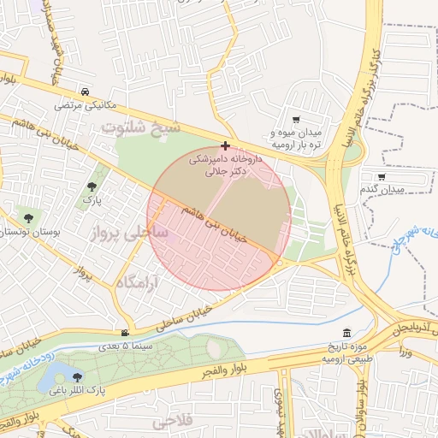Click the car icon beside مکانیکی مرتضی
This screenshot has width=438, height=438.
coord(85,92)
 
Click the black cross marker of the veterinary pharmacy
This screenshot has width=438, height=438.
coord(225,146)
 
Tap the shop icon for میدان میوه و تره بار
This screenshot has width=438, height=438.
coord(296,121)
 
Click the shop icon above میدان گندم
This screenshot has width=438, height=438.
coord(382,175)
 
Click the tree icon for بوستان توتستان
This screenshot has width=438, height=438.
coord(30,218)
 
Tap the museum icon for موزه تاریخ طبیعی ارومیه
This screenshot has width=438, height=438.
coord(346,333)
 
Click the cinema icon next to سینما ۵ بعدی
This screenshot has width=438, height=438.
coord(126,333)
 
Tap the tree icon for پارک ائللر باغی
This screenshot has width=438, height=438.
coord(78,376)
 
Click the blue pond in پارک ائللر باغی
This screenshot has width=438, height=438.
coord(53,375)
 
